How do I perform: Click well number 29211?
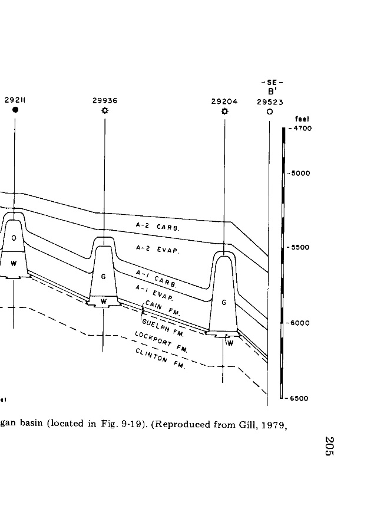coord(15,101)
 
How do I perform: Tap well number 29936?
coord(105,101)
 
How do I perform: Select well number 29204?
coord(224,101)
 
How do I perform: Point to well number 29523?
coord(270,101)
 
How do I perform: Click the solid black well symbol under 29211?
coord(15,110)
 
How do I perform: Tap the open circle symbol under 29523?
coord(269,111)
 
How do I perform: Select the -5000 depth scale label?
coord(299,173)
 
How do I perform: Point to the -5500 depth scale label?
coord(299,248)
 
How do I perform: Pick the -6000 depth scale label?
coord(299,323)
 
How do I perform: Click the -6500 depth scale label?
coord(299,398)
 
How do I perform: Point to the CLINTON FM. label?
coord(160,358)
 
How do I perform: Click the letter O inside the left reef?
coord(14,237)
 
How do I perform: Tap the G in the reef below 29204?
coord(224,302)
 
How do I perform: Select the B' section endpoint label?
coord(273,91)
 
